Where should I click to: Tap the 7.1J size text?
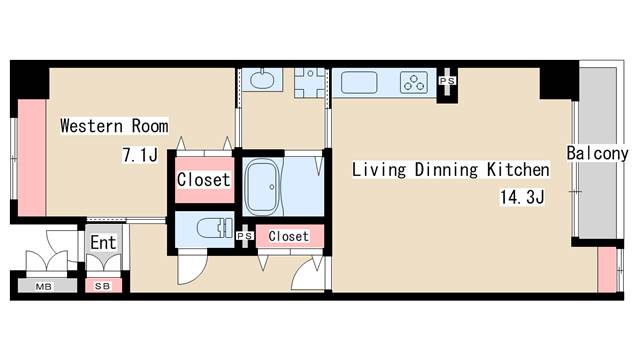coord(140,155)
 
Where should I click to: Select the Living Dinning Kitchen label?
coord(450,169)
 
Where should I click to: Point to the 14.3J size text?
coord(521,197)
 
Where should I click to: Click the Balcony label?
coord(597,154)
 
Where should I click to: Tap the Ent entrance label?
coord(103,242)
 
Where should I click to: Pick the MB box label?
coord(43,286)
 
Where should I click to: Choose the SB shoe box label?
coord(102,286)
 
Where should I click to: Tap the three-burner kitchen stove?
coord(414,83)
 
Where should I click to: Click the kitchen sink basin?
coord(359,83)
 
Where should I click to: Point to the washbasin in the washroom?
coord(263,80)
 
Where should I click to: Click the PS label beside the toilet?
coord(245,236)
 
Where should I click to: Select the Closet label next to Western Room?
coord(203,181)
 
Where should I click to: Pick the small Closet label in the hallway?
coord(288,236)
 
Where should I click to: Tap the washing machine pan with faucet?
coord(311,83)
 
